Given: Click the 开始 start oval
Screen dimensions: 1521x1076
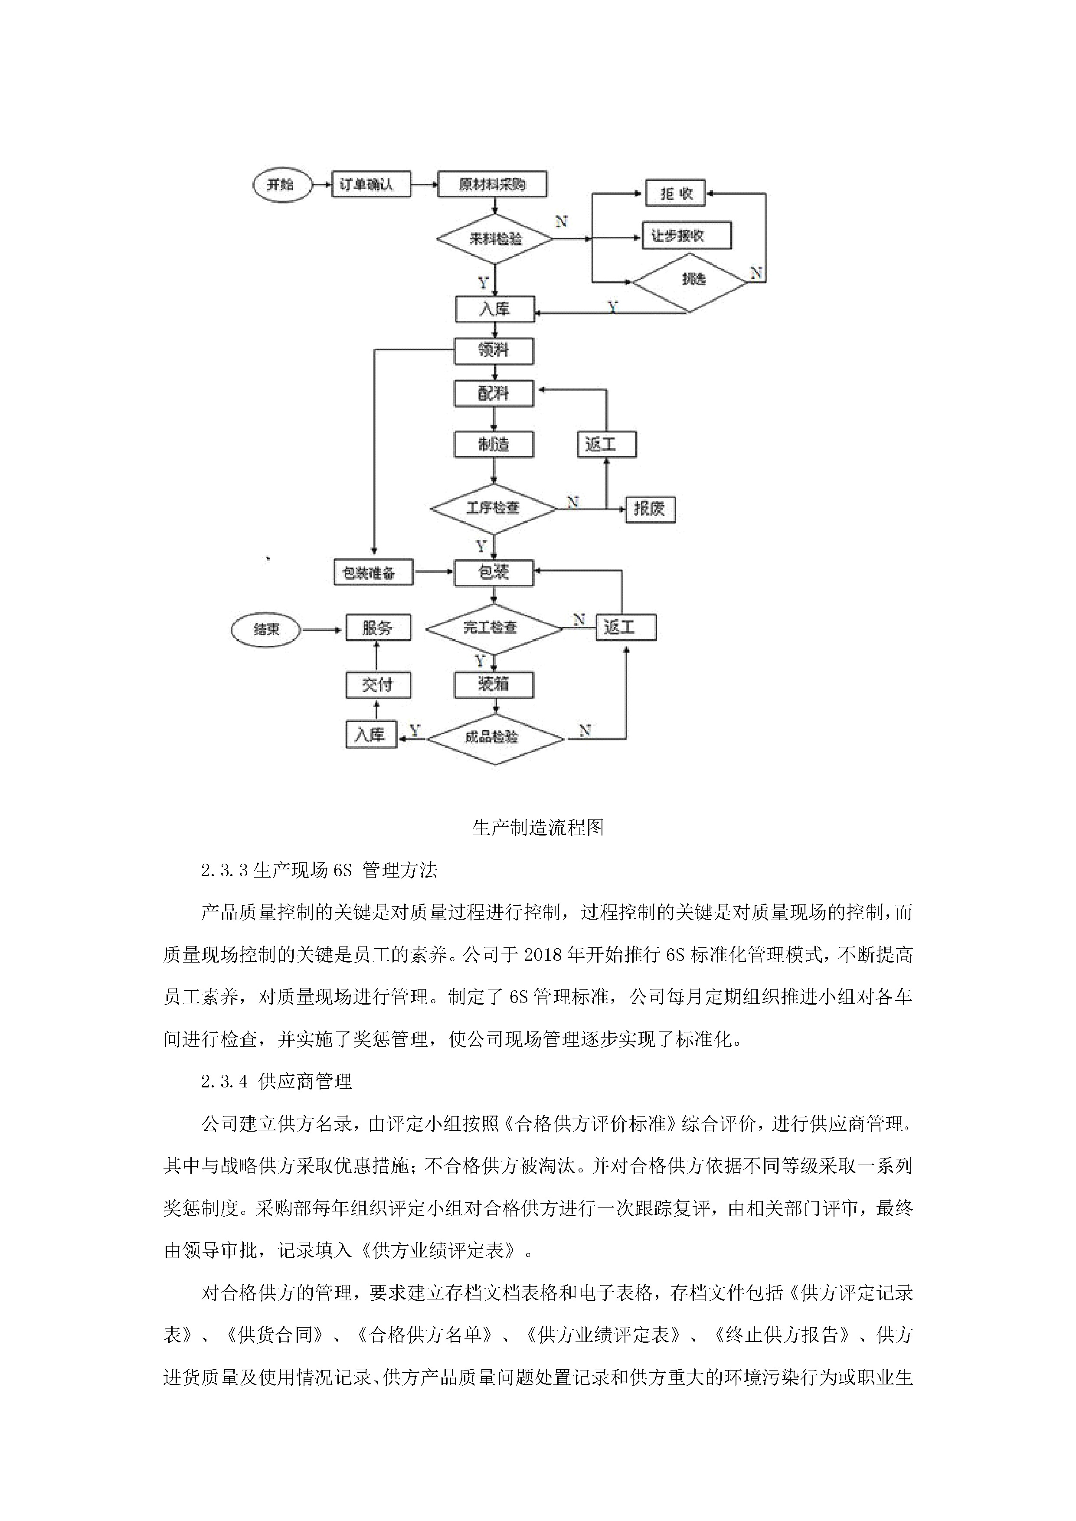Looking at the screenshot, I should [282, 185].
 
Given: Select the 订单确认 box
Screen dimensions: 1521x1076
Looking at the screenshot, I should [371, 184].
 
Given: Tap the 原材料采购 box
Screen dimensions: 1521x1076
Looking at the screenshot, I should [492, 184].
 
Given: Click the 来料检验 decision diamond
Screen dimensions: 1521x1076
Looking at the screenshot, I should [494, 238].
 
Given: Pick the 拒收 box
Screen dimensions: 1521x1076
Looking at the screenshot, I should [676, 193].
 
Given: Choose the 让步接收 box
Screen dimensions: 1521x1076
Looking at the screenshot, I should [687, 236].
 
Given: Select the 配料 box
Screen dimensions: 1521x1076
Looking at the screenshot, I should [494, 394].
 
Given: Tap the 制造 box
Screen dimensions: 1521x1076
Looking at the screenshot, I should [494, 444].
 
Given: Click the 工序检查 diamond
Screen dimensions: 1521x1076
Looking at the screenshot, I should [494, 508].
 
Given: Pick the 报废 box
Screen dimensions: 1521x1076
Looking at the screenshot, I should [650, 509].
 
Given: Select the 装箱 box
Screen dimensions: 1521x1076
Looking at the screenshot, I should [494, 684].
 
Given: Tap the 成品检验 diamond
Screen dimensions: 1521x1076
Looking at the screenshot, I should [494, 738].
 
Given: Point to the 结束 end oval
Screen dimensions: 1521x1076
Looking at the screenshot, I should [266, 629].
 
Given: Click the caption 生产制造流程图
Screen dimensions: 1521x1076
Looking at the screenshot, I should [538, 827].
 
